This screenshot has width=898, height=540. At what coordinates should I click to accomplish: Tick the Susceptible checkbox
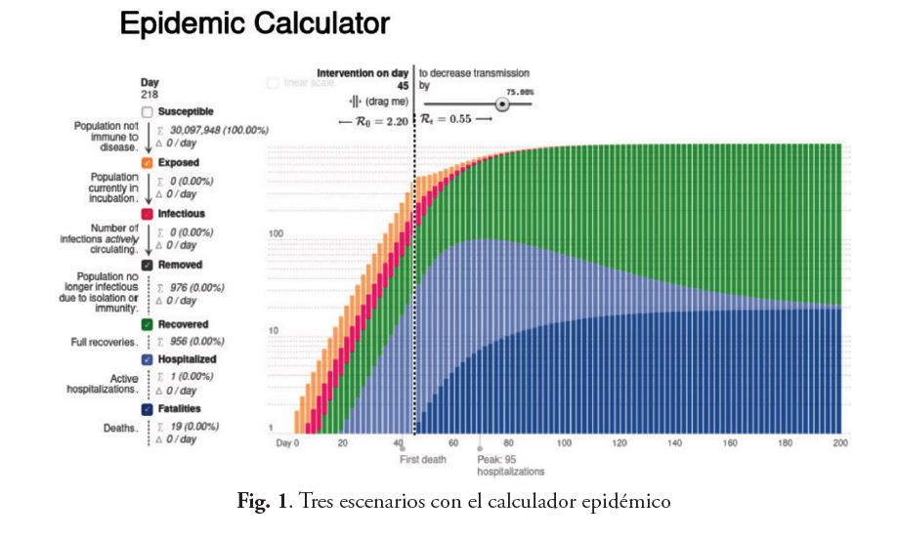point(147,112)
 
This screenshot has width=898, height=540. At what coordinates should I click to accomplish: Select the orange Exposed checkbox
point(147,162)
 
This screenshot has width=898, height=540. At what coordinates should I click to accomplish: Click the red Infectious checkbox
point(147,213)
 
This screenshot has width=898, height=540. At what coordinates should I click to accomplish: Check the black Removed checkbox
point(147,264)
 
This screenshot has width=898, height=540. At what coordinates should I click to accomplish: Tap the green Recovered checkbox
point(147,324)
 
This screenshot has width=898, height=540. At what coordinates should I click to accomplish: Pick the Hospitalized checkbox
point(147,359)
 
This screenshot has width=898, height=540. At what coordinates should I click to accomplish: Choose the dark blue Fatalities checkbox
point(147,409)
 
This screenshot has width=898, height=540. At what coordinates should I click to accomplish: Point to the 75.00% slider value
point(520,91)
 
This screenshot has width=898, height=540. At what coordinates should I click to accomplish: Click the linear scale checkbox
point(273,84)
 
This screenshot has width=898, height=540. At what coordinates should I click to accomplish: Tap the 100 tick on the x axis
point(564,442)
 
